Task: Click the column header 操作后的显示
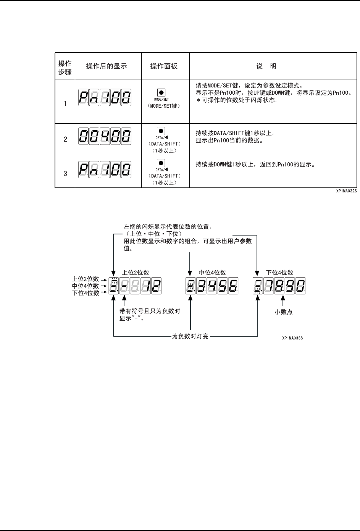[x=107, y=66]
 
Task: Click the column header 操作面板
[x=164, y=66]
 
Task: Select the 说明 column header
[x=266, y=66]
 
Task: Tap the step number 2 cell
[x=65, y=139]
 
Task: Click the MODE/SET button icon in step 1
[x=161, y=92]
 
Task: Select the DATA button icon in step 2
[x=161, y=131]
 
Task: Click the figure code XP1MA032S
[x=346, y=190]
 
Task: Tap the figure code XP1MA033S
[x=292, y=338]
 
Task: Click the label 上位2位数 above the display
[x=136, y=273]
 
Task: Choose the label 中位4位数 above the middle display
[x=213, y=273]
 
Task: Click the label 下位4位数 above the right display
[x=280, y=273]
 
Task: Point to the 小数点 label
[x=284, y=312]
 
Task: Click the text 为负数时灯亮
[x=190, y=336]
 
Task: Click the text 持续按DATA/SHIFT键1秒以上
[x=235, y=133]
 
